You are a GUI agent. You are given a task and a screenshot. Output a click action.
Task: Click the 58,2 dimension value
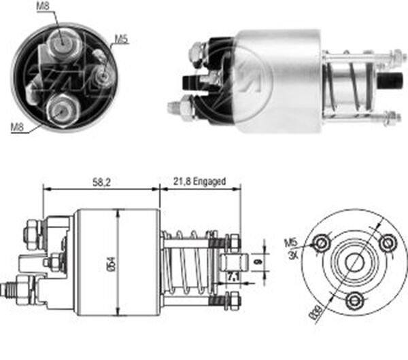101,183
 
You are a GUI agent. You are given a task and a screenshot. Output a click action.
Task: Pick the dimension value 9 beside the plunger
257,259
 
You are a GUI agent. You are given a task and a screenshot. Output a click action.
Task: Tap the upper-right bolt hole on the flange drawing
388,242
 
